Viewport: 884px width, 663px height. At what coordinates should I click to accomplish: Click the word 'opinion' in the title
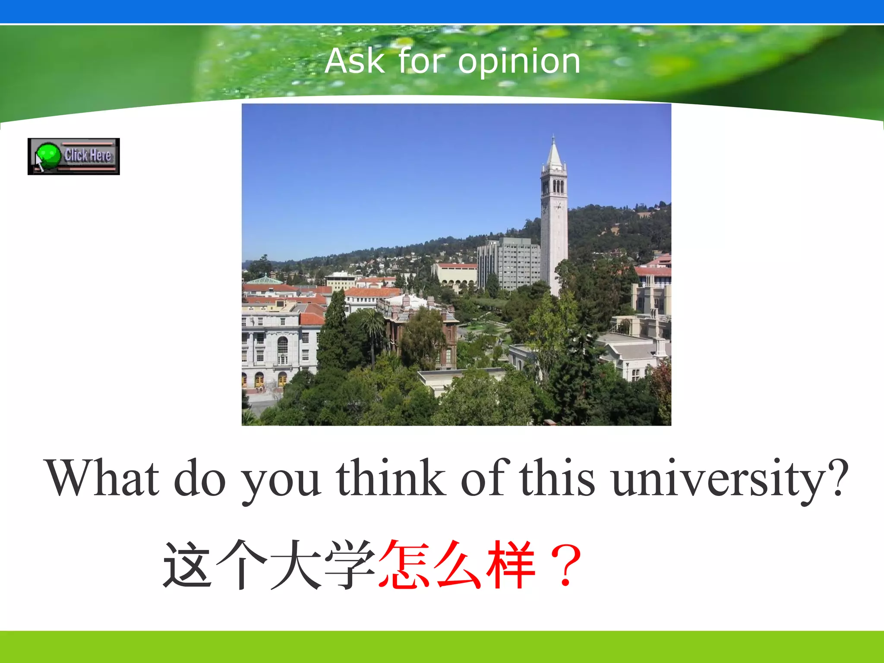519,62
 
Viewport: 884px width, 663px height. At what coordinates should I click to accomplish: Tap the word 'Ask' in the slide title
354,61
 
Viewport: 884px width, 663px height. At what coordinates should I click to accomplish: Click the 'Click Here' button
74,156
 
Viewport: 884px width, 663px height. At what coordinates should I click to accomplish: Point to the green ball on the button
48,155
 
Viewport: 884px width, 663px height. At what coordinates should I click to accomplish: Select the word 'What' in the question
102,478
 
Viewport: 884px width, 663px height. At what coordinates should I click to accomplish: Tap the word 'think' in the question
391,478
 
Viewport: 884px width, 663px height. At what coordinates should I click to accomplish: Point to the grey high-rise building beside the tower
509,263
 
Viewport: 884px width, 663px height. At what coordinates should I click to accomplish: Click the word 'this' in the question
557,478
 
